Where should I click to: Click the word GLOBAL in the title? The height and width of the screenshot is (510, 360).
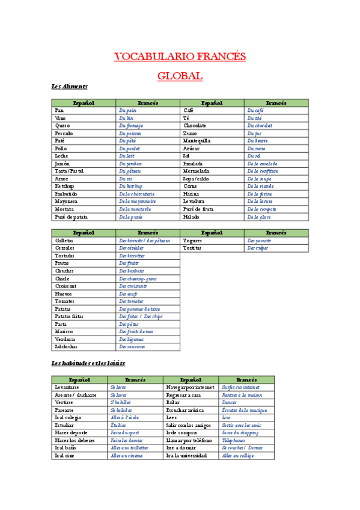(180, 76)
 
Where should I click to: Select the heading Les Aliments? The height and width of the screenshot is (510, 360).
(70, 87)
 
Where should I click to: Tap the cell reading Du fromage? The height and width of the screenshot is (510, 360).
(131, 126)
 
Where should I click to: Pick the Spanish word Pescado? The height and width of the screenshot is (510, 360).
(64, 134)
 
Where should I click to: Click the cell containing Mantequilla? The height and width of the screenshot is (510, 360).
(197, 141)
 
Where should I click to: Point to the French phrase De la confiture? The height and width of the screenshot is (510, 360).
(262, 171)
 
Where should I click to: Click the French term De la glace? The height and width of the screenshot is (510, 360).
(258, 217)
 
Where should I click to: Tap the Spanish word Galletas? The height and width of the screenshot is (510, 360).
(65, 241)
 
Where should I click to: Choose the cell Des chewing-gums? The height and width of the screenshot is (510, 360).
(138, 278)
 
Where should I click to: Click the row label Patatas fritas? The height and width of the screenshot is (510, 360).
(69, 316)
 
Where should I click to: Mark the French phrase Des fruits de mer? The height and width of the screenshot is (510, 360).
(136, 331)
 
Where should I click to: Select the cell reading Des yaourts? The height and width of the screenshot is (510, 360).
(259, 241)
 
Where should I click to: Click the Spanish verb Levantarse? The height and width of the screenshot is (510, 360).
(66, 387)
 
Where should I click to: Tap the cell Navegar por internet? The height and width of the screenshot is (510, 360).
(191, 387)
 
